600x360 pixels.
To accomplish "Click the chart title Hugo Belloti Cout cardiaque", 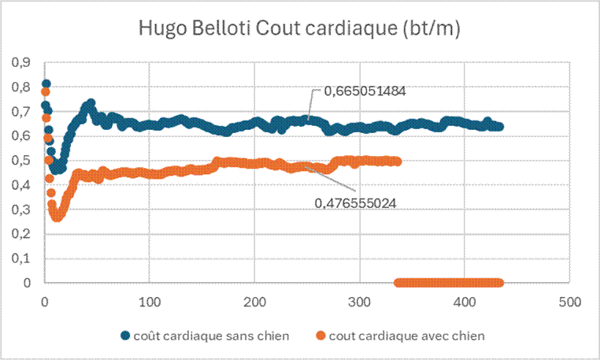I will pyautogui.click(x=299, y=29).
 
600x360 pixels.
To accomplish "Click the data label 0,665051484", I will pyautogui.click(x=358, y=91).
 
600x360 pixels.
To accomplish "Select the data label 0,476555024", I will pyautogui.click(x=354, y=202).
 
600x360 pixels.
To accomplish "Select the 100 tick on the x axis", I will pyautogui.click(x=150, y=301).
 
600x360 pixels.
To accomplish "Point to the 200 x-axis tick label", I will pyautogui.click(x=254, y=301).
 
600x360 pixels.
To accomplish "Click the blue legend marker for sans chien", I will pyautogui.click(x=126, y=336).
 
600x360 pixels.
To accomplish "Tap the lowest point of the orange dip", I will pyautogui.click(x=56, y=216).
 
